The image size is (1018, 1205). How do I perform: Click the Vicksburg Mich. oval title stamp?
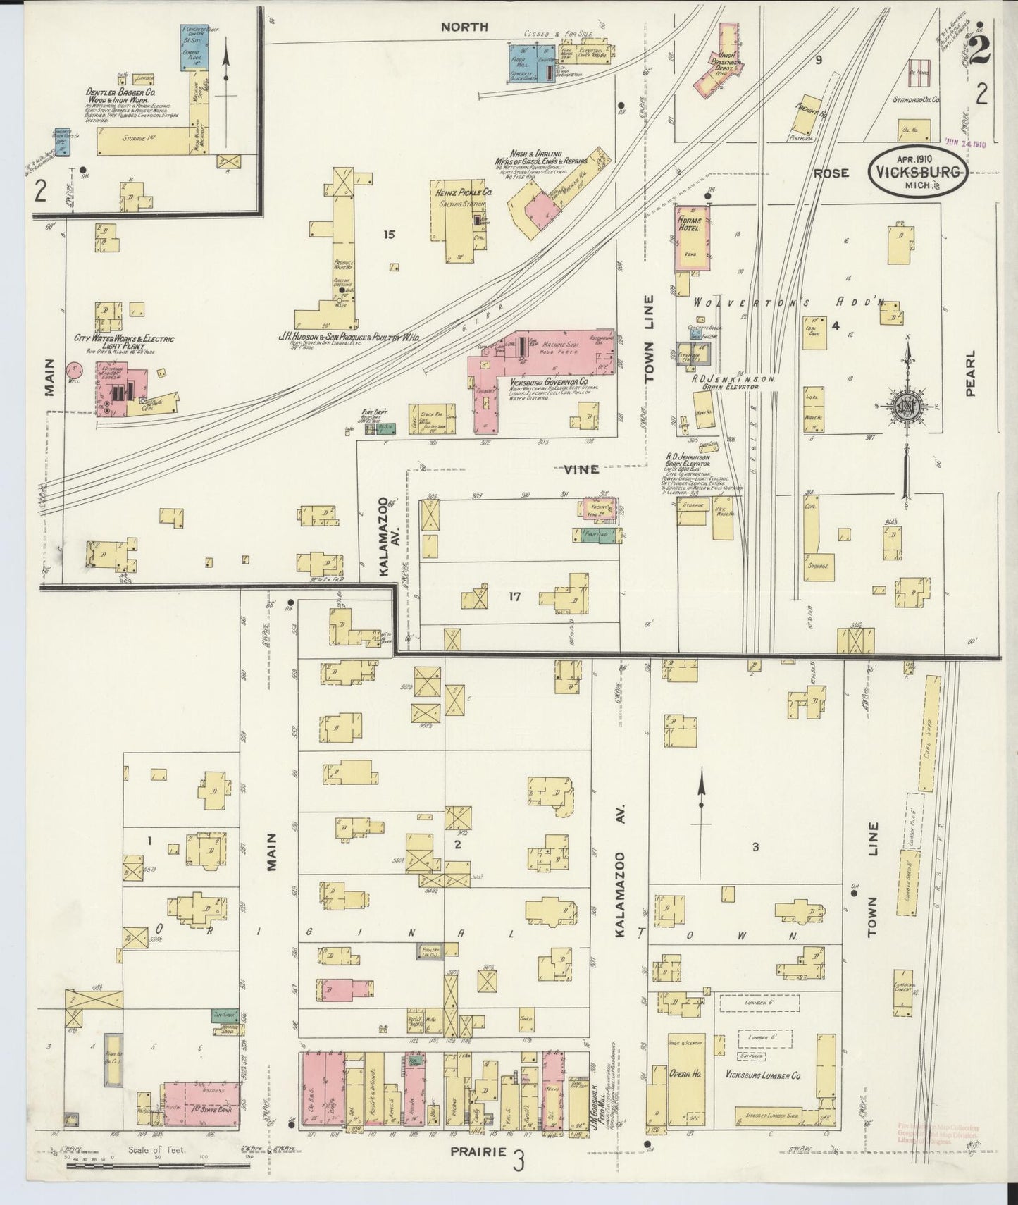click(x=917, y=172)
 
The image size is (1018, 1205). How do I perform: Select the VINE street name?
click(x=581, y=469)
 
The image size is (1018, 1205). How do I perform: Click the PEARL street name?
click(x=970, y=373)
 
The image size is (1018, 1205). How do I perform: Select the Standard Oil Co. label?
click(x=916, y=100)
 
